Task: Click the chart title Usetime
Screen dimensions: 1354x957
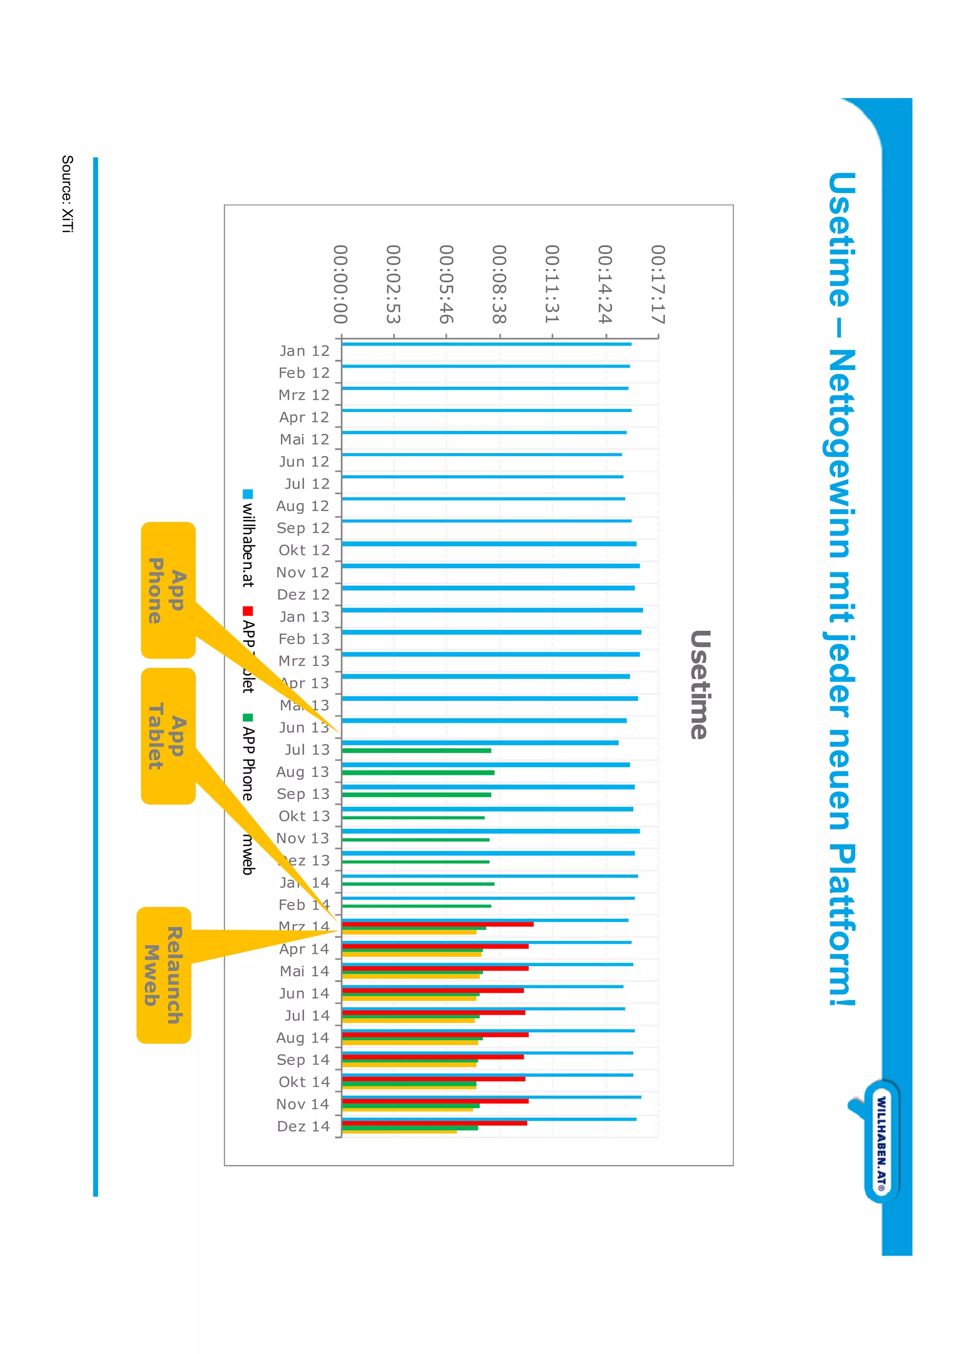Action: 700,684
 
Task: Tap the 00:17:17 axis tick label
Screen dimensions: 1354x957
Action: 657,284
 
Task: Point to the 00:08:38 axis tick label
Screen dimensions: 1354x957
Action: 499,284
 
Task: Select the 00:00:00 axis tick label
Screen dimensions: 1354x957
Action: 340,284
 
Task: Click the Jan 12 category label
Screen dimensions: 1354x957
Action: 304,351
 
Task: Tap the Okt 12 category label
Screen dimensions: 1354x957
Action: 304,550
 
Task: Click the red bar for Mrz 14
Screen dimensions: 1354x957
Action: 437,924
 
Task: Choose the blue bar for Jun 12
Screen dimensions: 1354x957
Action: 481,455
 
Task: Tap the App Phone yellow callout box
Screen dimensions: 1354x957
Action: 168,590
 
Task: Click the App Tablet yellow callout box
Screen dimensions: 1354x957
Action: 168,736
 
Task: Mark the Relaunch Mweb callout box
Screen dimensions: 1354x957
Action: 164,975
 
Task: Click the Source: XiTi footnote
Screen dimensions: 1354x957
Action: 67,194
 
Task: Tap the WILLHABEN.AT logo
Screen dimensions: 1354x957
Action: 881,1142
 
